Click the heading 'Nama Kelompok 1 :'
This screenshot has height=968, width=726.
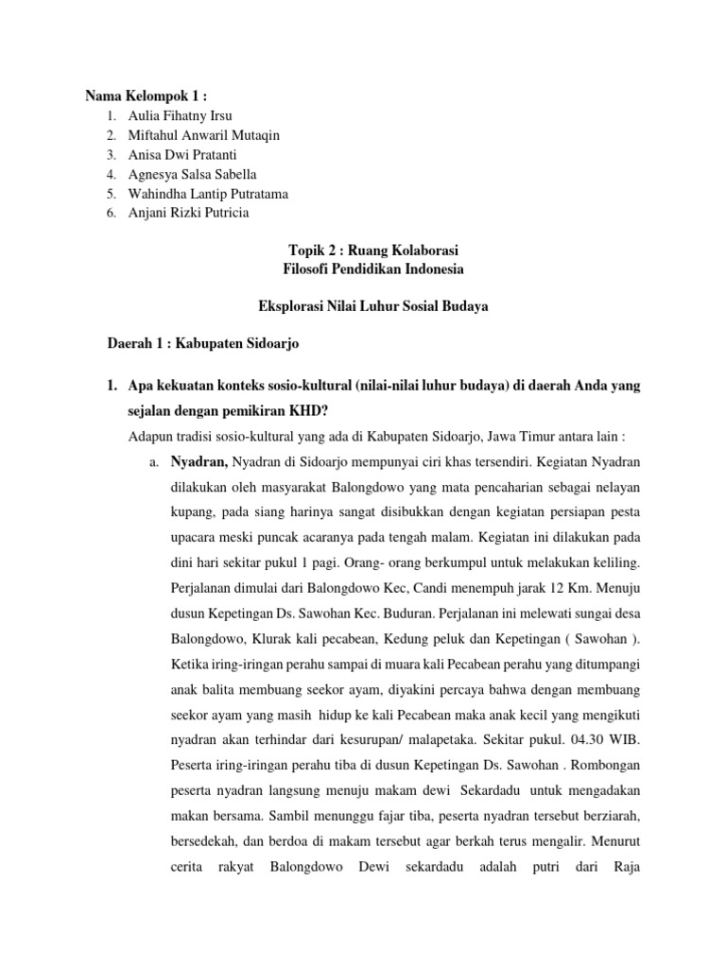tap(146, 95)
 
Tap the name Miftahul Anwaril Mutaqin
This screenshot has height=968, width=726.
tap(204, 135)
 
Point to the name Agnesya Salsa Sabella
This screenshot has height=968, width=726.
tap(196, 174)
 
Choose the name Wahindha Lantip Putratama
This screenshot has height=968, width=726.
tap(209, 194)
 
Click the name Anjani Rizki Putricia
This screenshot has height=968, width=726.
tap(190, 213)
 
